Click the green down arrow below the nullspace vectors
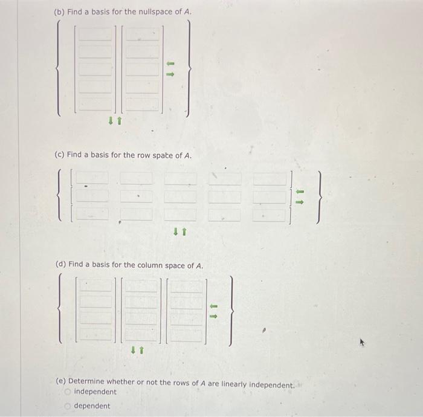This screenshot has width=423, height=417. (111, 121)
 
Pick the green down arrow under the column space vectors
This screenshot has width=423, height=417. (133, 349)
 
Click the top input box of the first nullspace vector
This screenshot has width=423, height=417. (94, 34)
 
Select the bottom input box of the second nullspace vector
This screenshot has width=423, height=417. (142, 103)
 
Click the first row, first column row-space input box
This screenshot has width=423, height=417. (93, 178)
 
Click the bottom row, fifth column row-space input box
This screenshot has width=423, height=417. (268, 214)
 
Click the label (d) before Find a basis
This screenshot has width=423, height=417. (60, 265)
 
